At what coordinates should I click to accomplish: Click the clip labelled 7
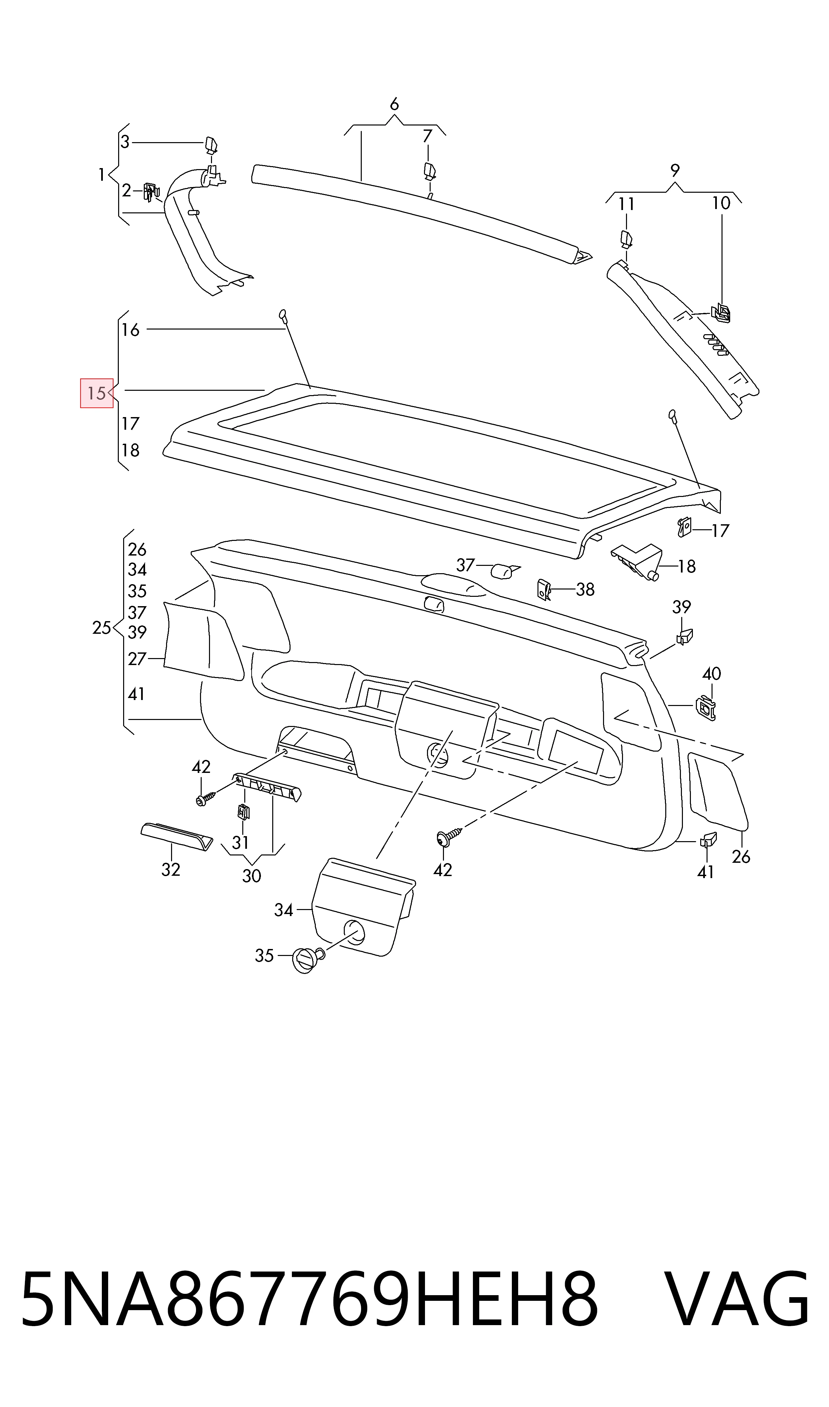[x=429, y=171]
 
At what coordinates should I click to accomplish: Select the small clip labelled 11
[x=627, y=239]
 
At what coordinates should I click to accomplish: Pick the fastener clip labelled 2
[x=151, y=192]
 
